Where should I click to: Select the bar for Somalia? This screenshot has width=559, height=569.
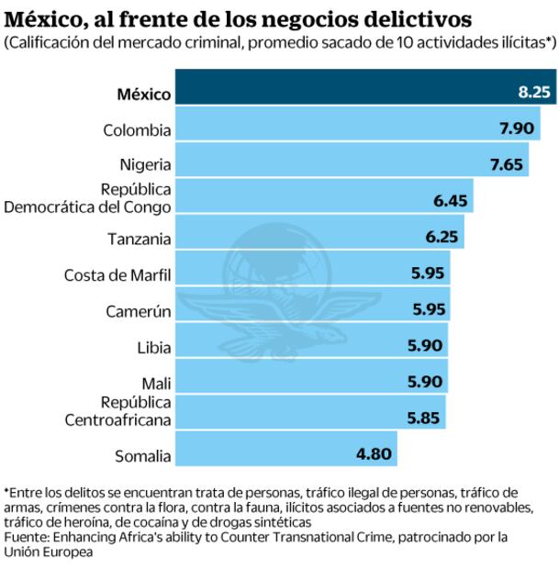point(285,452)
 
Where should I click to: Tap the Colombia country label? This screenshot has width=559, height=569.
point(136,129)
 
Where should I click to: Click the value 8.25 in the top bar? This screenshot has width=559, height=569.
point(534,93)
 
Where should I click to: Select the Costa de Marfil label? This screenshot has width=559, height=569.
point(117,274)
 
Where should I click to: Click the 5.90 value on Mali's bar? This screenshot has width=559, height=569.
point(427,381)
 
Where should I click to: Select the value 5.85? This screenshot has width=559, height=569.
point(425,416)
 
